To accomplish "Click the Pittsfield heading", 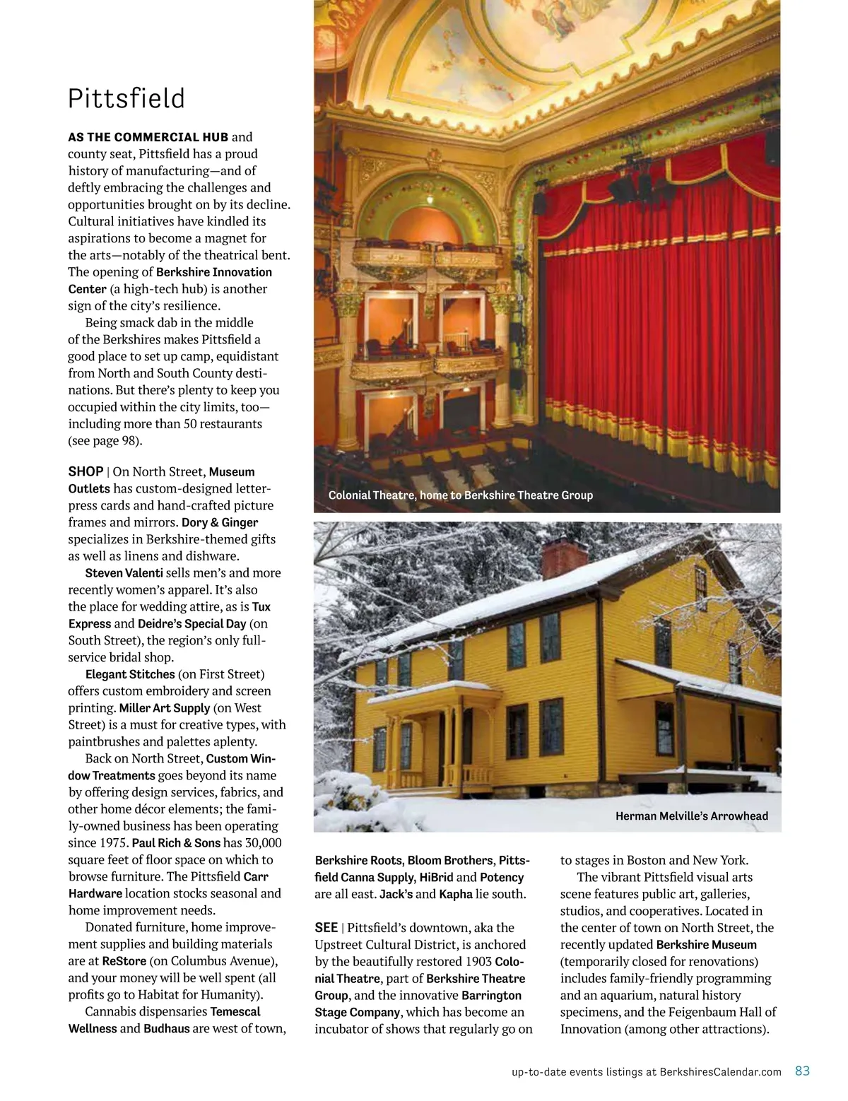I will [126, 99].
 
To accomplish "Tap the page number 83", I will [802, 1071].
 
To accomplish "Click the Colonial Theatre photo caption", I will [460, 495].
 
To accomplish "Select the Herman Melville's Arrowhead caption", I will [691, 816].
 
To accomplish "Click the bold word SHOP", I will [86, 471].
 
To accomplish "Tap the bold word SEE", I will [326, 928].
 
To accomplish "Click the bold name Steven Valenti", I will [124, 573].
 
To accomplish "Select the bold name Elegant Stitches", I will [129, 674].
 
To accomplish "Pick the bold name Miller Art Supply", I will [164, 708].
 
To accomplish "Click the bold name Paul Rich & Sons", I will [176, 842].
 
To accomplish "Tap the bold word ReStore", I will [124, 961].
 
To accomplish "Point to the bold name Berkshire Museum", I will [706, 945].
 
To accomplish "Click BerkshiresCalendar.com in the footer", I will [720, 1072].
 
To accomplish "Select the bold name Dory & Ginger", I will [219, 523].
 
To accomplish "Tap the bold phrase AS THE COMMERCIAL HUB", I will [148, 137].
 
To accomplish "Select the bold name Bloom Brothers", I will [450, 861].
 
